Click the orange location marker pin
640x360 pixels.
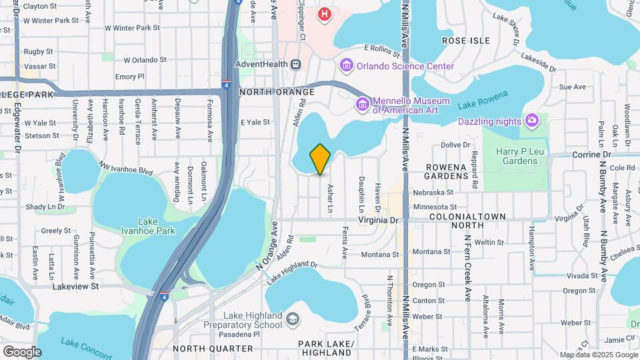tap(320, 159)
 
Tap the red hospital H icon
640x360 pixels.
tap(325, 14)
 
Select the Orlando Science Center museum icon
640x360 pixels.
tap(346, 65)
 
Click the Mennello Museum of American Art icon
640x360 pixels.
tap(362, 104)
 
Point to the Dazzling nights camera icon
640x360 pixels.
tap(531, 120)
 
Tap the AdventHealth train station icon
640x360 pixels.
tap(295, 65)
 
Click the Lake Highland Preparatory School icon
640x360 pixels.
tap(292, 320)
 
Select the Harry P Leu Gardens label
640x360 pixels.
tap(517, 156)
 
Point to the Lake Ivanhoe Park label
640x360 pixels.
tap(147, 226)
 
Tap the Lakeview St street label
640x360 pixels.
tap(75, 286)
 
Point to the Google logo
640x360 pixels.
tap(22, 352)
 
